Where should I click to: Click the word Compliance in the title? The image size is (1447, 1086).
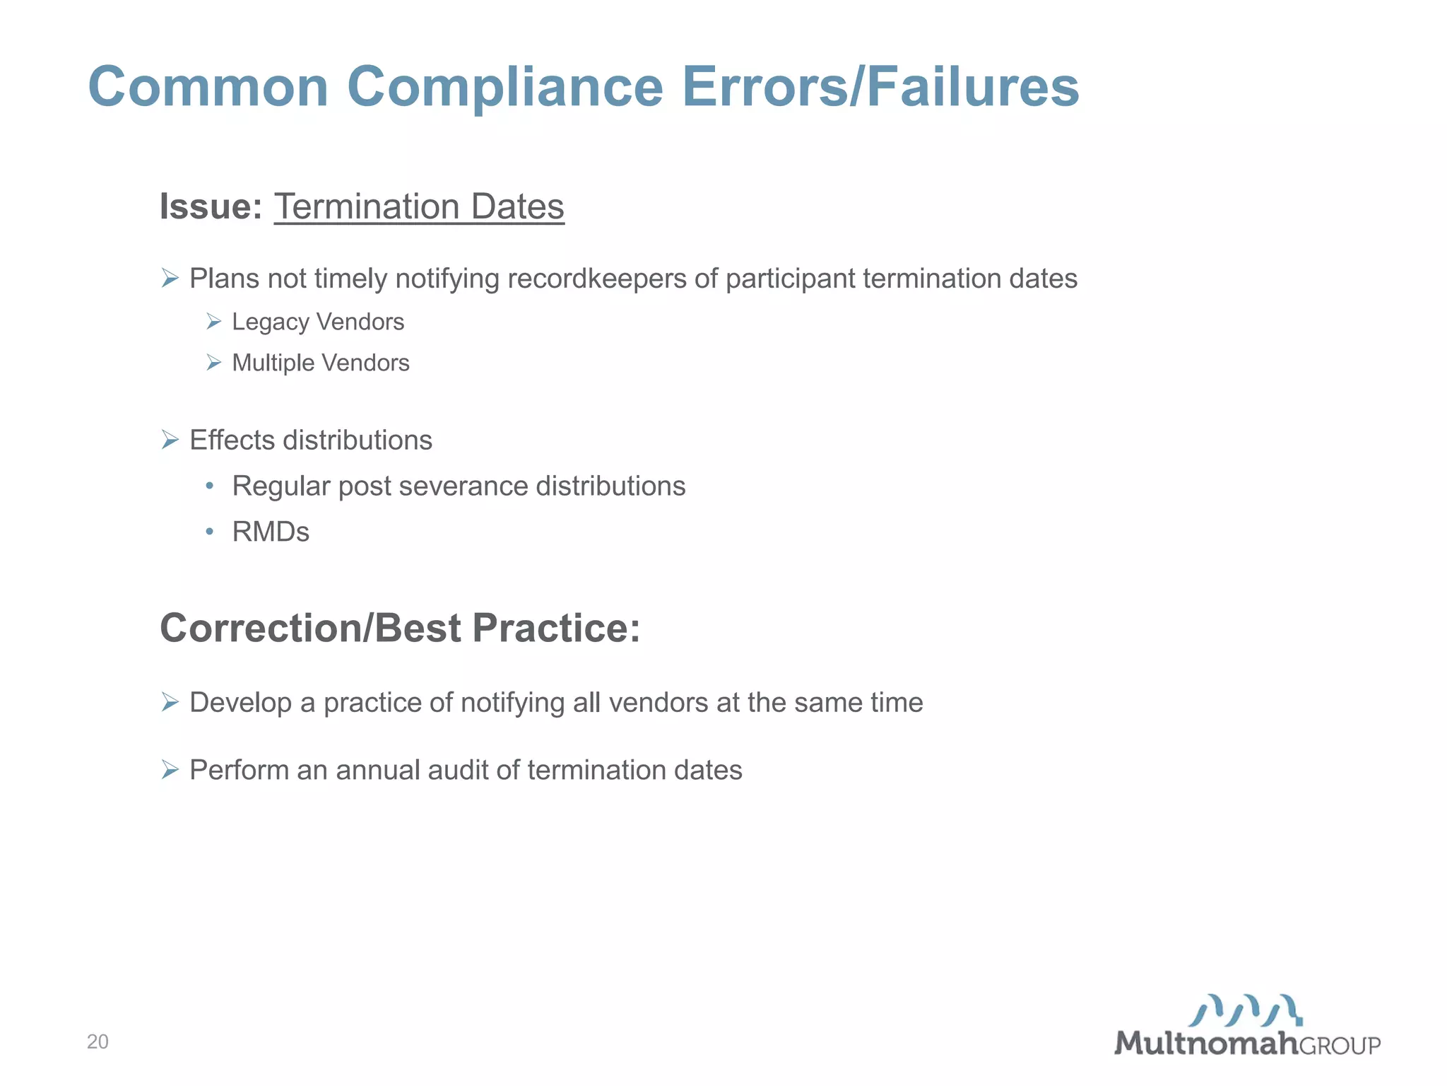click(504, 87)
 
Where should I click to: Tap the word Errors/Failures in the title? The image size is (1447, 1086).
click(880, 87)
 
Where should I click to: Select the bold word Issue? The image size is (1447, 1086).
click(211, 206)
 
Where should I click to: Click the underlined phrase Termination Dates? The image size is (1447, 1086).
click(419, 206)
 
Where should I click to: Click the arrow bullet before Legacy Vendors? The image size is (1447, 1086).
click(214, 322)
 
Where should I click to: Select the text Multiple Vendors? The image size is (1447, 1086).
click(321, 363)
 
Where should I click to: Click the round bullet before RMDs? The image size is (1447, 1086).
click(209, 532)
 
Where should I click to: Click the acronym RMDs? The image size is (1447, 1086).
click(271, 532)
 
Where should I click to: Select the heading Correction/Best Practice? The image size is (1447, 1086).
click(400, 628)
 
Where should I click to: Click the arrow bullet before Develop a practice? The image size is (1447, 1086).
click(170, 702)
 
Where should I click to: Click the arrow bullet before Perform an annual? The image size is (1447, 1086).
click(170, 769)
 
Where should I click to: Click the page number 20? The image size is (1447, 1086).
click(98, 1041)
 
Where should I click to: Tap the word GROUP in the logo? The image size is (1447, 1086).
click(1340, 1046)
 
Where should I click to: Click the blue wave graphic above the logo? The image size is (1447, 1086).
click(1245, 1010)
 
